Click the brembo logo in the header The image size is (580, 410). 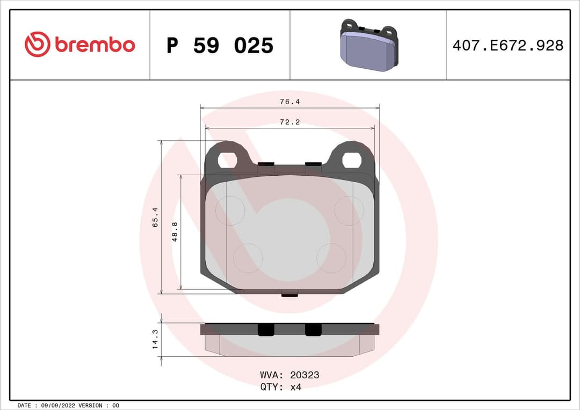click(79, 45)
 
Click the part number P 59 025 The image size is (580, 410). click(220, 46)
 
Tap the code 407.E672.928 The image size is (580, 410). click(508, 46)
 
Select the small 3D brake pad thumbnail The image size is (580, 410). click(368, 46)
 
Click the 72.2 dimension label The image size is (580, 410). click(289, 123)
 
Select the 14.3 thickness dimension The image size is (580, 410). click(155, 340)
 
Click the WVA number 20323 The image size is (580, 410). click(304, 375)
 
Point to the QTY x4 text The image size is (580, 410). click(281, 387)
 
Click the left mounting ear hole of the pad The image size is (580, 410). click(228, 160)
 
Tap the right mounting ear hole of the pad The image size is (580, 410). click(352, 160)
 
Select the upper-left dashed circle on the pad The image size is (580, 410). click(230, 210)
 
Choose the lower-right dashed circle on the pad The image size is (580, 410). click(331, 258)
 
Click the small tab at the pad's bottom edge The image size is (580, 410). click(290, 294)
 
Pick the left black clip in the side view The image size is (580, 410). click(266, 330)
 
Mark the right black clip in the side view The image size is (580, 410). click(313, 330)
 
